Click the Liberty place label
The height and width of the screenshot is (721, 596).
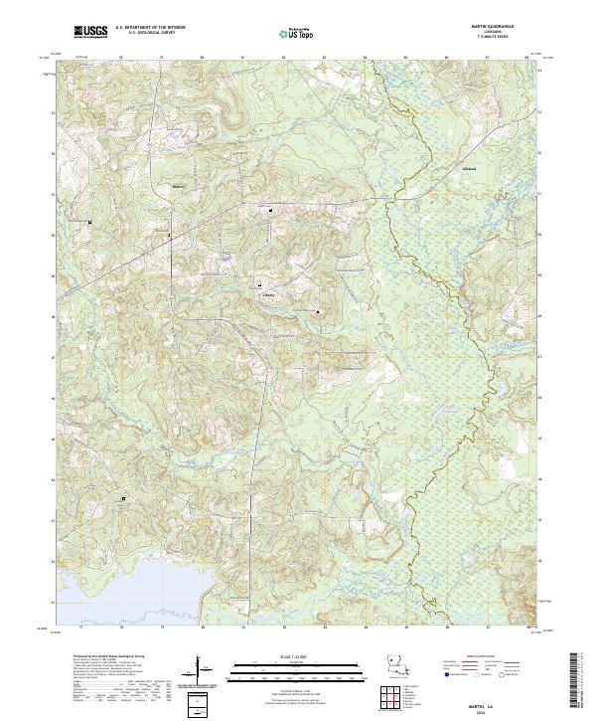[266, 295]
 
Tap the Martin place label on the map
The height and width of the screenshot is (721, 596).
[179, 186]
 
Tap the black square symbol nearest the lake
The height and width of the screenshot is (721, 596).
[124, 498]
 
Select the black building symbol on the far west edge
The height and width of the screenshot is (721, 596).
[90, 221]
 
